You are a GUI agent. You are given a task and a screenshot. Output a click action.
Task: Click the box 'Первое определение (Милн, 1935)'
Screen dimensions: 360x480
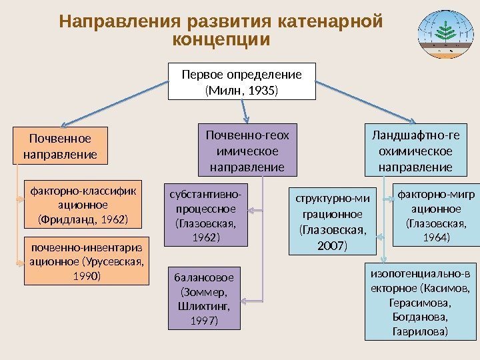point(242,81)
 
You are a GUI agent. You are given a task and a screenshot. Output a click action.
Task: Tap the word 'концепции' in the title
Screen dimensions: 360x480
point(221,40)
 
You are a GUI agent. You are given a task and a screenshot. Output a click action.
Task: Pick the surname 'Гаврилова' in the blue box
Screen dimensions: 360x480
point(420,331)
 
